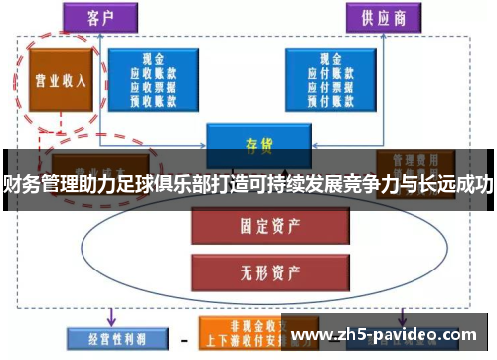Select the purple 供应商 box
[384, 17]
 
